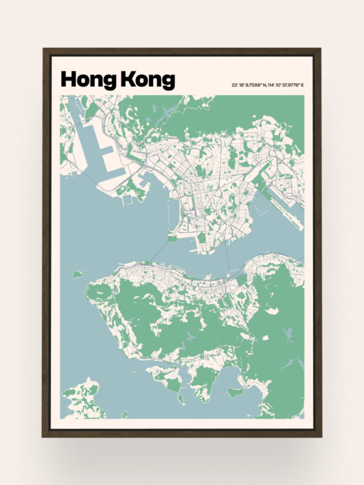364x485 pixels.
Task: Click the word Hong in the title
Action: tap(89, 80)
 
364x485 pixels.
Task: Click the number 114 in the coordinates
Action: tap(272, 85)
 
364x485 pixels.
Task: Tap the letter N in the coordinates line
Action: tap(265, 85)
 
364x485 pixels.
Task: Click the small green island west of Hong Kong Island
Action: tap(78, 275)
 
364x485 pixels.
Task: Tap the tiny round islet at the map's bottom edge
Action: tap(124, 415)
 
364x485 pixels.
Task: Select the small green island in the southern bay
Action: tap(235, 392)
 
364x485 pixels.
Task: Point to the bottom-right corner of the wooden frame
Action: tap(320, 436)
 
